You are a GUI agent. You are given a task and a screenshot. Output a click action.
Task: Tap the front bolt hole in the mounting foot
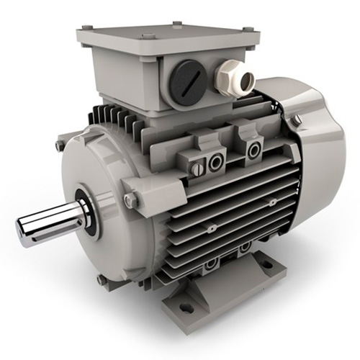point(186,307)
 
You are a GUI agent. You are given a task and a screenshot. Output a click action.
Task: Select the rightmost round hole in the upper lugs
point(253,150)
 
